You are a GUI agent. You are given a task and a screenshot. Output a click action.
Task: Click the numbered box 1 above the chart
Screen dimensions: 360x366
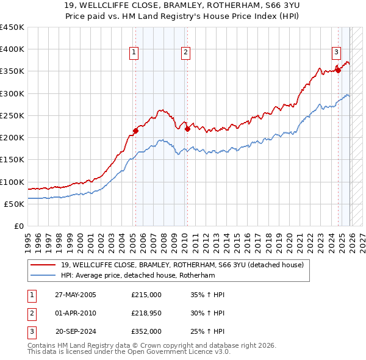point(133,53)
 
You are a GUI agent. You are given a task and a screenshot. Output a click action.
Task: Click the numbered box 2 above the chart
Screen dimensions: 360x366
point(185,53)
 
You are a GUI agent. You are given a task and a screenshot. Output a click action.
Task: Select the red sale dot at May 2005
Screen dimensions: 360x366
point(136,130)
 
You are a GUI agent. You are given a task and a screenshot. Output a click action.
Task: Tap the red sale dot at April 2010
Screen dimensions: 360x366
point(187,129)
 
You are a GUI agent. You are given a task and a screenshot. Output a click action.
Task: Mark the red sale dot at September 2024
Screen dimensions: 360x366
point(338,70)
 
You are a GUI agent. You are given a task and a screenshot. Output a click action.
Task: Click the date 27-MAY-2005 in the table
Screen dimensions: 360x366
point(76,295)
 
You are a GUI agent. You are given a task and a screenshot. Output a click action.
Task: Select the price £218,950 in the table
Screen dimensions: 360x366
point(146,313)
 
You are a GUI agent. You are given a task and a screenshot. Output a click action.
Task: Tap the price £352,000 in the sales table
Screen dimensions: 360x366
point(146,331)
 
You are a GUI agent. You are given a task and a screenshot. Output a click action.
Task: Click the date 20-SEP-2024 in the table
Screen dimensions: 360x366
point(76,331)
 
